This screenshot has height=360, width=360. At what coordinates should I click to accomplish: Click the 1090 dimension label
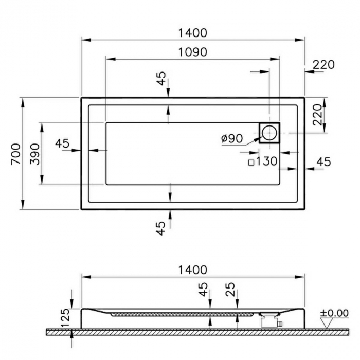click(x=193, y=52)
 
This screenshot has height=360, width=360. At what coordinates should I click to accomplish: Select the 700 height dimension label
click(x=16, y=154)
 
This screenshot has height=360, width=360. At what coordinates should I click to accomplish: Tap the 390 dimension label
click(x=35, y=154)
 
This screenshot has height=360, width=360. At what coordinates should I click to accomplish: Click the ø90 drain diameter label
click(x=232, y=138)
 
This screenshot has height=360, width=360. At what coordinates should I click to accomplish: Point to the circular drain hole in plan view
click(x=269, y=133)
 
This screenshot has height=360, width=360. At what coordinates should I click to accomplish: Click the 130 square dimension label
click(x=266, y=161)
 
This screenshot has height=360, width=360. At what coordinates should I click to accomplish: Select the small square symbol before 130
click(x=251, y=163)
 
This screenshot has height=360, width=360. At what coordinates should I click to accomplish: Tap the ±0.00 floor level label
click(x=334, y=313)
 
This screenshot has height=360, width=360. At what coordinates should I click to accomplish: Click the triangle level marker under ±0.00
click(x=327, y=323)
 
